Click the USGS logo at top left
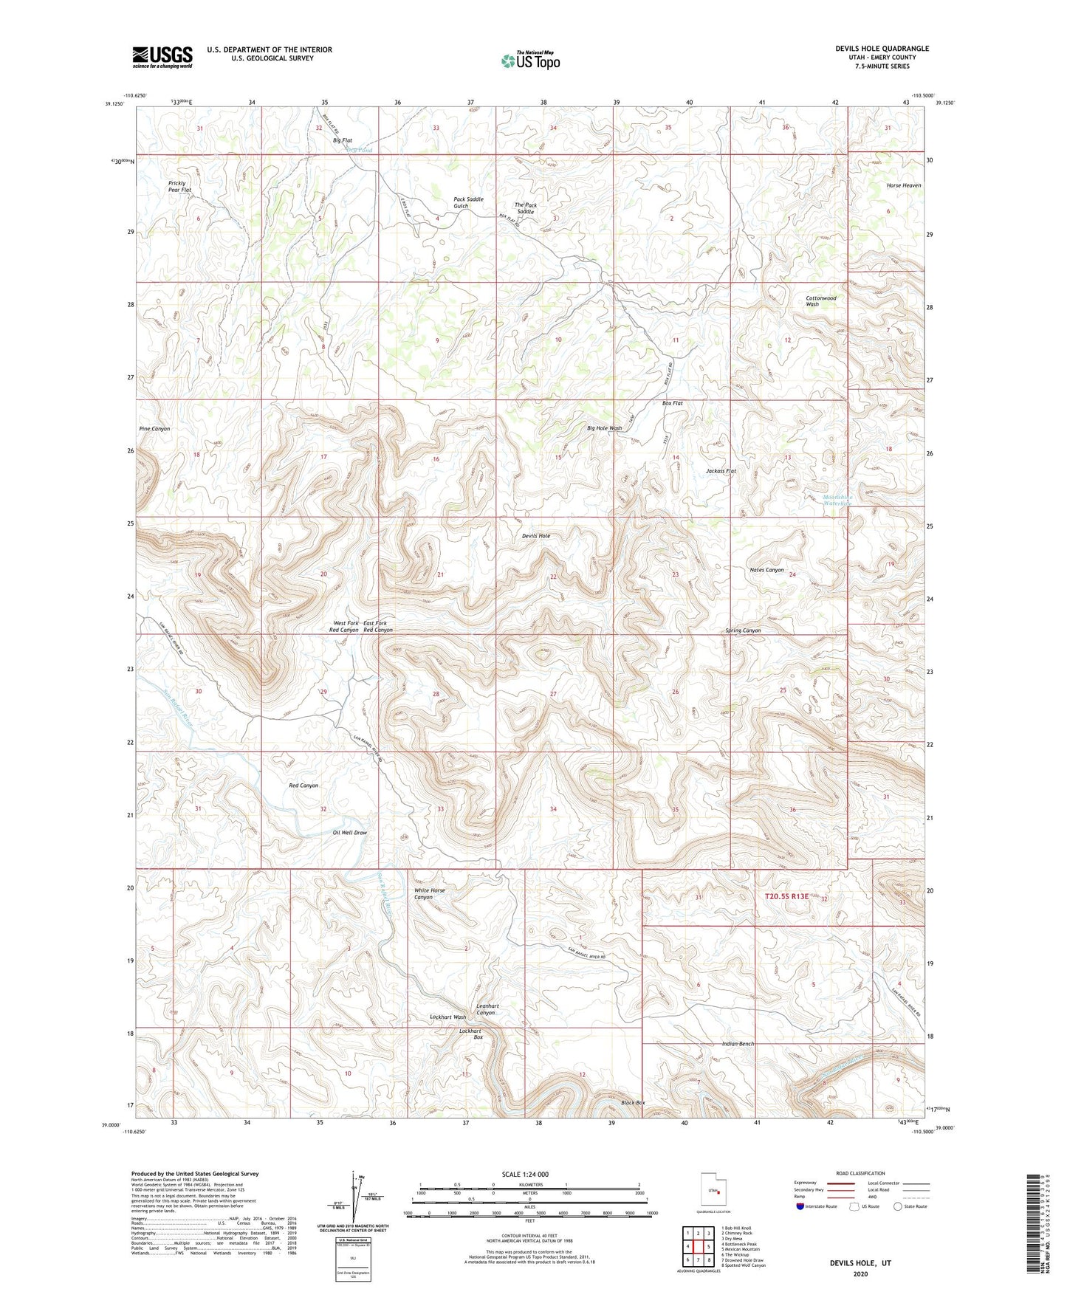162,57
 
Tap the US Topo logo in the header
530,61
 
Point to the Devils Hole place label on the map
536,536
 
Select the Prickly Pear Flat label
179,187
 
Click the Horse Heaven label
903,185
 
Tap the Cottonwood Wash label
820,301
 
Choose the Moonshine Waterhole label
837,501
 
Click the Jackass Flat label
721,471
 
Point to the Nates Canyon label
766,570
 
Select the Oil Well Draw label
349,833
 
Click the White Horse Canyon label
429,894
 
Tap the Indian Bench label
738,1044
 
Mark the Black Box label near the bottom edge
633,1103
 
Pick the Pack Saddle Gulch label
468,202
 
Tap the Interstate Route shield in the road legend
801,1206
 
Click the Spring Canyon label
743,630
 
